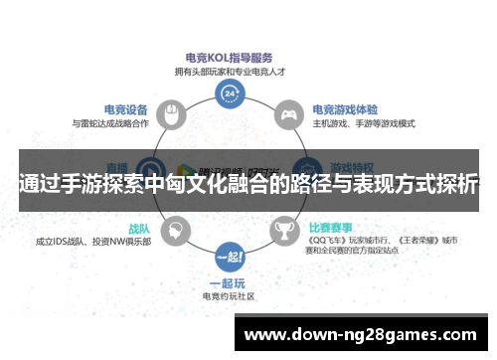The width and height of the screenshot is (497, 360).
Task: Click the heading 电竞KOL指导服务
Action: (230, 57)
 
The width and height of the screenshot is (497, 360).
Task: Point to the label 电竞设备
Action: (126, 108)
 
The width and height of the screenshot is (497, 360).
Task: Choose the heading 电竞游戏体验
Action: (344, 108)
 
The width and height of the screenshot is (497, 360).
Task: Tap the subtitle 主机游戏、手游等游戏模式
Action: (362, 123)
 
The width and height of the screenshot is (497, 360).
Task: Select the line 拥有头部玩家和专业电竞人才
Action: (230, 71)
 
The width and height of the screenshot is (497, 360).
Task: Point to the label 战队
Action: (138, 227)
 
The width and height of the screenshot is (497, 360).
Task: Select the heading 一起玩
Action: (230, 282)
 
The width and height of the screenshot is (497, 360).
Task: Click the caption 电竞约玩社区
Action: (230, 296)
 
